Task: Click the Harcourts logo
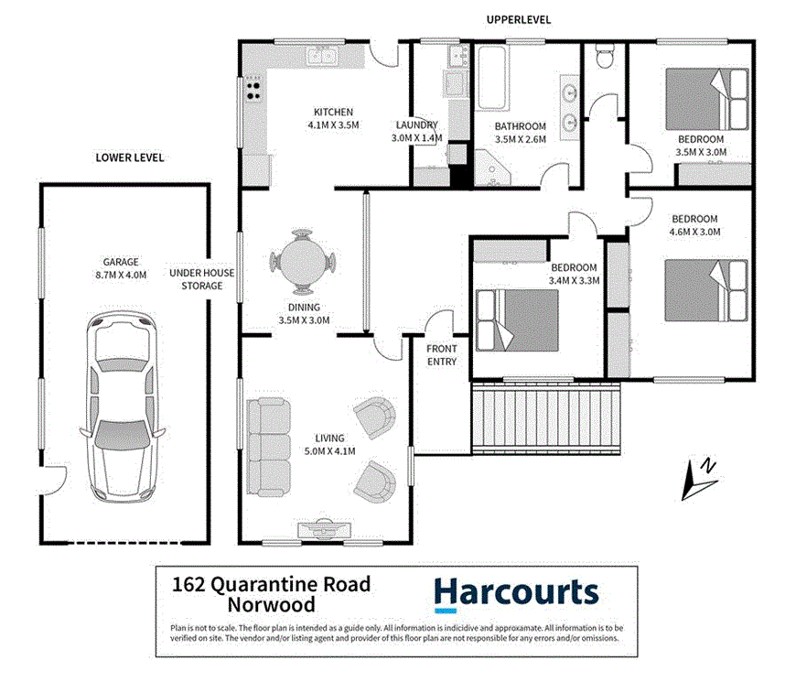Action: click(x=516, y=595)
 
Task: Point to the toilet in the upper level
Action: click(x=603, y=58)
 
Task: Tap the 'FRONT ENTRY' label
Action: click(x=442, y=355)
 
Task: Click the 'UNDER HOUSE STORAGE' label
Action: click(x=201, y=279)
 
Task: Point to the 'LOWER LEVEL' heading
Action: click(x=130, y=157)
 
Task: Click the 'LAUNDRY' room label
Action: click(x=416, y=125)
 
